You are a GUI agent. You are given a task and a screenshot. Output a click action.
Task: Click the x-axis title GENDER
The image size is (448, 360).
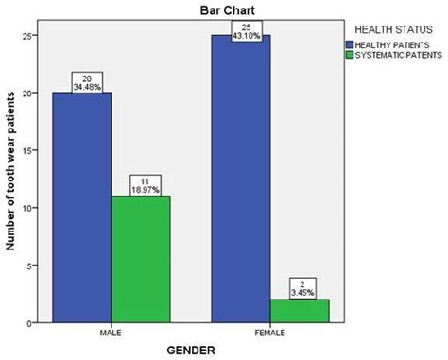click(x=189, y=350)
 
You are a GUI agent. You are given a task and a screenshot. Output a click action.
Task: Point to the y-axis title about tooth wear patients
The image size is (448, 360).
click(x=11, y=180)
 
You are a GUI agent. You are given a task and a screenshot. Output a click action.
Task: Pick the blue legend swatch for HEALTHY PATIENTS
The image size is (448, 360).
click(x=349, y=43)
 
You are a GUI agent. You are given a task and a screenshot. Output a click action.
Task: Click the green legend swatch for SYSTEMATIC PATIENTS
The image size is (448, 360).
click(x=349, y=54)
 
